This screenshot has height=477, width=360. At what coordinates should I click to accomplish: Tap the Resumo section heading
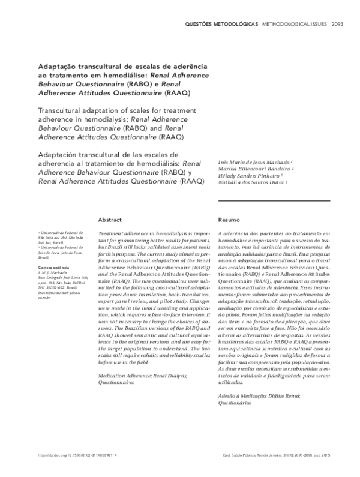(x=228, y=220)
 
